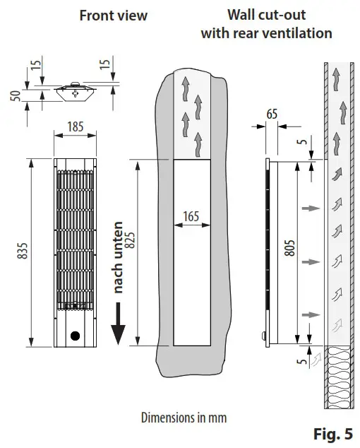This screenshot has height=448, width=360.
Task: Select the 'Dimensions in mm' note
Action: click(x=184, y=417)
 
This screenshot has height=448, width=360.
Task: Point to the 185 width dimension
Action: click(x=75, y=127)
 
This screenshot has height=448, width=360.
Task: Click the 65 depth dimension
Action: click(x=272, y=113)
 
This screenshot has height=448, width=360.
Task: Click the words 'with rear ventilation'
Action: click(x=266, y=33)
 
